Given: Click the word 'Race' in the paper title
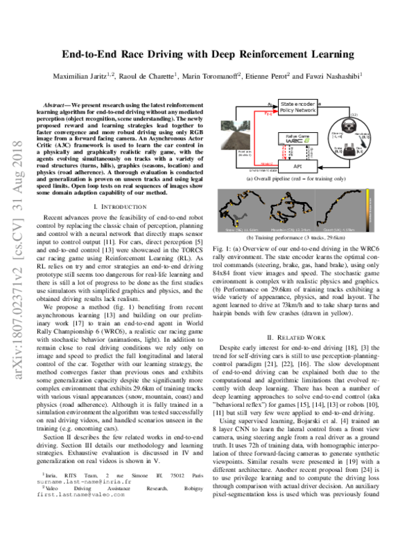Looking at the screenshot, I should click(171, 54).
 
